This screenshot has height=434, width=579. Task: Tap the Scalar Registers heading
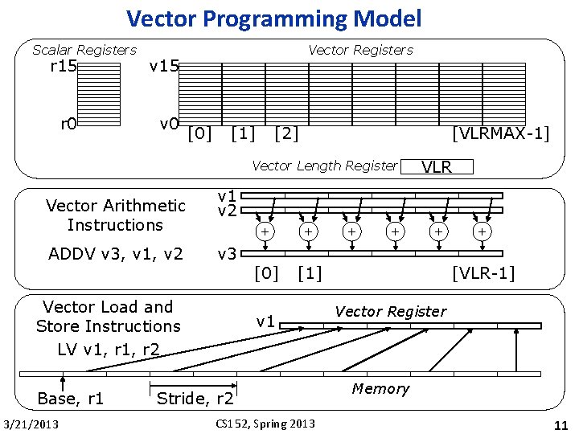coord(84,50)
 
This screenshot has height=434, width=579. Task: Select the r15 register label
coord(63,66)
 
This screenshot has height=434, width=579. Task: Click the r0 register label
coord(68,124)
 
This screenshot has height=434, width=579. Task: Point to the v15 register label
coord(164,66)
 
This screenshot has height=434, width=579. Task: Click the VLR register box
coord(437,167)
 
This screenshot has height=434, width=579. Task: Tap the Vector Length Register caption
coord(324,166)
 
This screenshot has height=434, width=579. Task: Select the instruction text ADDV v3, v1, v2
coord(115,255)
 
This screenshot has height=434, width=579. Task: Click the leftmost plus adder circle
coord(262,231)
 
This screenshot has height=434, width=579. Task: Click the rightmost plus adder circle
coord(481,231)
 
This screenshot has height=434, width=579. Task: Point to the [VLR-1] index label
coord(483,274)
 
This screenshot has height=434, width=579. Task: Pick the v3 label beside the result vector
coord(228,255)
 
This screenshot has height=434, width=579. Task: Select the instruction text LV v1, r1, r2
coord(108,349)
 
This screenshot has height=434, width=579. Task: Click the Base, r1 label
coord(71,399)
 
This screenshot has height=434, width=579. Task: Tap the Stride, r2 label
coord(195,399)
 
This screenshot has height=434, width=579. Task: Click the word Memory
coord(380,389)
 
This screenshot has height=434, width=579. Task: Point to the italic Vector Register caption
coord(390,312)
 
